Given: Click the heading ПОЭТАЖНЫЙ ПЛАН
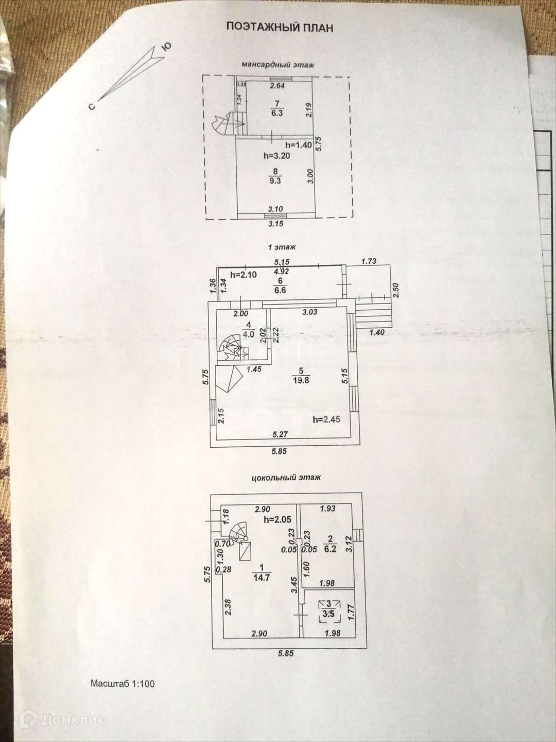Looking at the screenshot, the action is click(280, 27).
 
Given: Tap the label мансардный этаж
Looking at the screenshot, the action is click(278, 65).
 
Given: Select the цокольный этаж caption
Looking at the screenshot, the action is click(286, 477).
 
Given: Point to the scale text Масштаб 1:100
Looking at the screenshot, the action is click(123, 684).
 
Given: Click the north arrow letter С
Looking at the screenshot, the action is click(91, 107).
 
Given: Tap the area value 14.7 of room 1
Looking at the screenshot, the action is click(262, 578).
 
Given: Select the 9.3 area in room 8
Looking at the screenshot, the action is click(275, 180).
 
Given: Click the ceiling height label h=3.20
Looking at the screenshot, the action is click(276, 155).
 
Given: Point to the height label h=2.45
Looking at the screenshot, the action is click(326, 419).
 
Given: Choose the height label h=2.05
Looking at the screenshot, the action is click(277, 519).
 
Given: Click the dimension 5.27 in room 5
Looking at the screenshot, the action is click(280, 434).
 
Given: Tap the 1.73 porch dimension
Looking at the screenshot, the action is click(369, 261).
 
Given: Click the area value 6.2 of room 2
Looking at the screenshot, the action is click(330, 549).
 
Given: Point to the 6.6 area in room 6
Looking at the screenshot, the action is click(280, 290).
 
